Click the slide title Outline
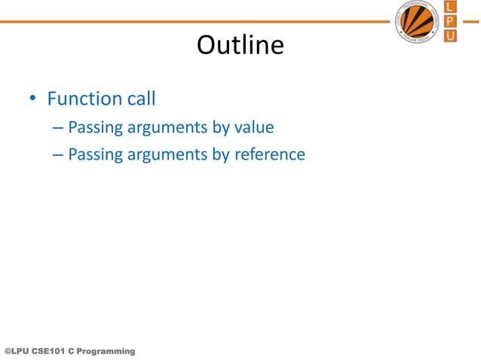240,47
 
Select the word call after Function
140,99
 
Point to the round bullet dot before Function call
32,100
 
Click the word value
253,127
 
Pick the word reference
268,155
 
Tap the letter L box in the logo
450,8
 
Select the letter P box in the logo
450,21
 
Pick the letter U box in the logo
450,35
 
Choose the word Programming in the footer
107,352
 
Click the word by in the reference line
221,156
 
